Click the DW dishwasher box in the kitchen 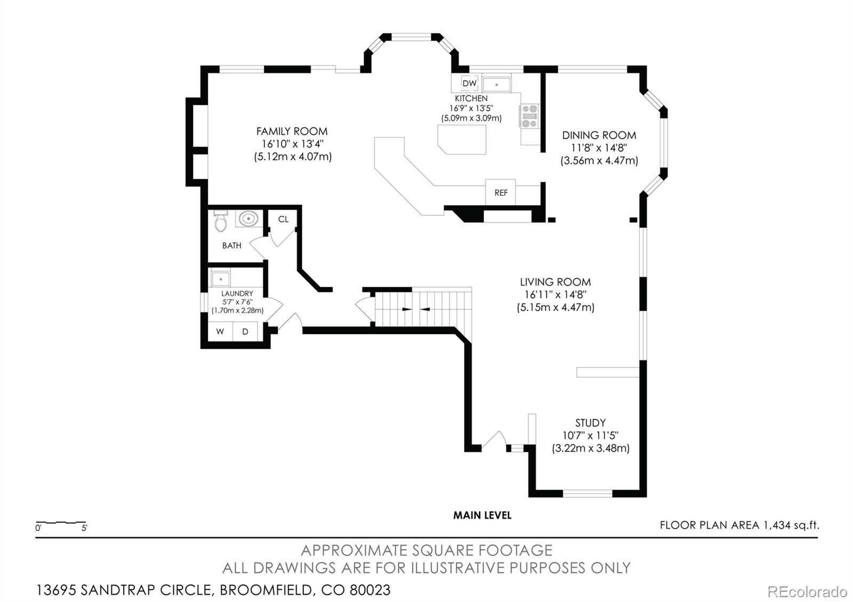(469, 83)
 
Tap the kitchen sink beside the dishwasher (496, 84)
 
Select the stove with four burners (529, 116)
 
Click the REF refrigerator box (501, 192)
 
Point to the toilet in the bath (221, 221)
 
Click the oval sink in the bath (248, 219)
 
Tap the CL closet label (283, 219)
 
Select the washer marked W (220, 331)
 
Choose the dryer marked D (245, 331)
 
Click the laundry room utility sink (221, 279)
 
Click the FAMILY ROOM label (292, 131)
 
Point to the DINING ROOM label (599, 135)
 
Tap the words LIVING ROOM (555, 282)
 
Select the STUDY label (590, 423)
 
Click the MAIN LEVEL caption (482, 515)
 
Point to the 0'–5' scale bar (61, 523)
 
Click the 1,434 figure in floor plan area (777, 525)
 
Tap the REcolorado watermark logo (807, 592)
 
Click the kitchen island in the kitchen (462, 139)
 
